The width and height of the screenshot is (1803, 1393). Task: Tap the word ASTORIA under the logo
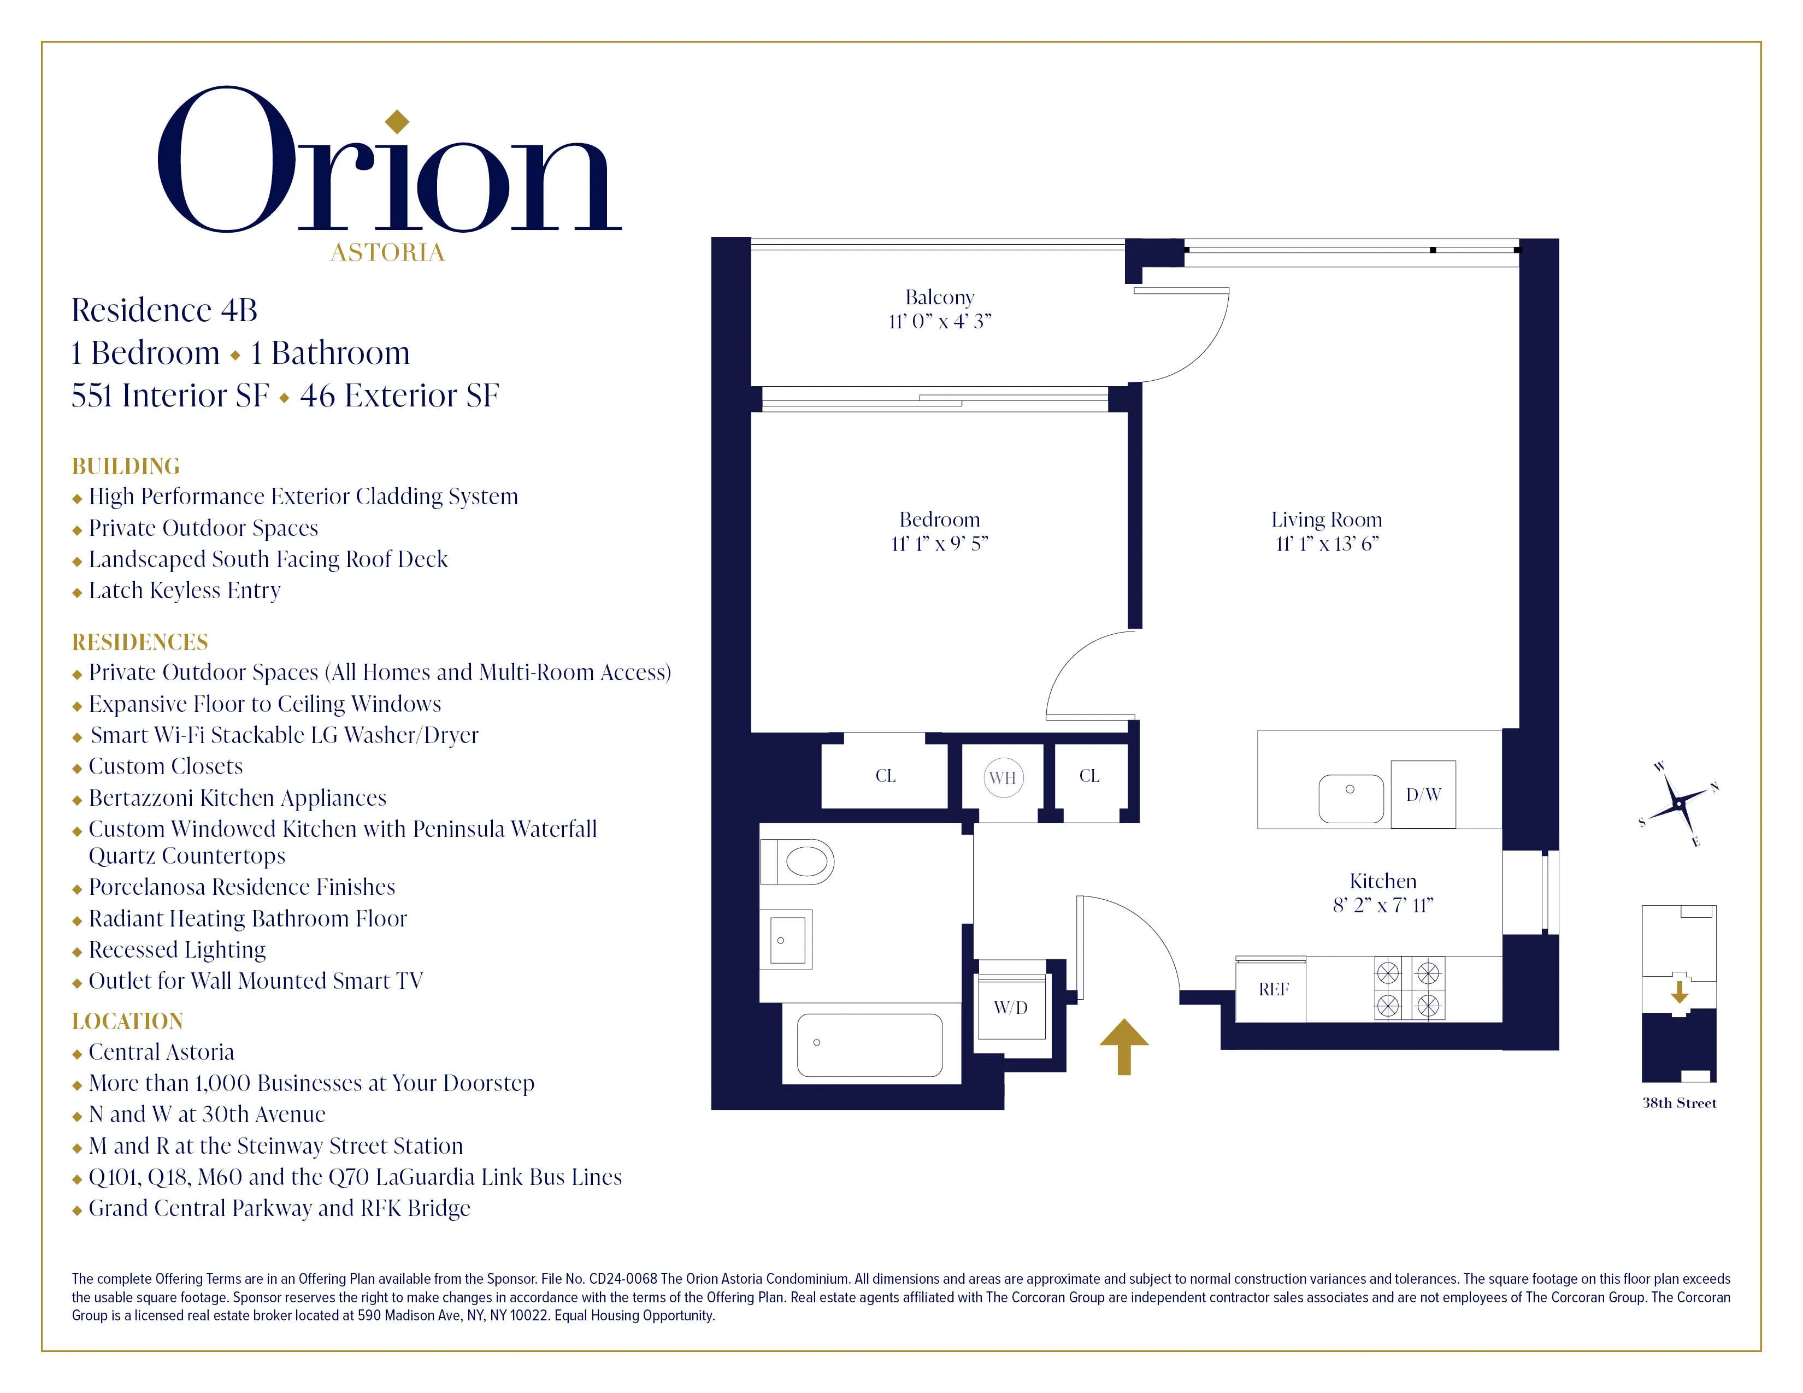(x=387, y=252)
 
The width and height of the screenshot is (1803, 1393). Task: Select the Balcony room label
(x=940, y=297)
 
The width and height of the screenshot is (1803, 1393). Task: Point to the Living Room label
(x=1326, y=520)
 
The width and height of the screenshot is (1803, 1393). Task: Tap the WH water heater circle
(x=1003, y=777)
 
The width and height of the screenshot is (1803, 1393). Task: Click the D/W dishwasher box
(x=1423, y=794)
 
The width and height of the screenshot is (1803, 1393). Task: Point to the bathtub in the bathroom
(x=869, y=1044)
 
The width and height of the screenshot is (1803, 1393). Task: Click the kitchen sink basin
(x=1351, y=798)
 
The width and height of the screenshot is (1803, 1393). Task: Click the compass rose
(x=1678, y=804)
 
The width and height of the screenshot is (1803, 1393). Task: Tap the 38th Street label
(x=1678, y=1103)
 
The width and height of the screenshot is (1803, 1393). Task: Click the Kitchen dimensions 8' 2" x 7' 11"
(x=1383, y=905)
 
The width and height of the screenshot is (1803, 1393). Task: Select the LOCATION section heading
(x=127, y=1021)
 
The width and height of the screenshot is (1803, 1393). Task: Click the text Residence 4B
(x=164, y=310)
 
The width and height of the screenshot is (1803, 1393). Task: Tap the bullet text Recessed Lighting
(x=176, y=950)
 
